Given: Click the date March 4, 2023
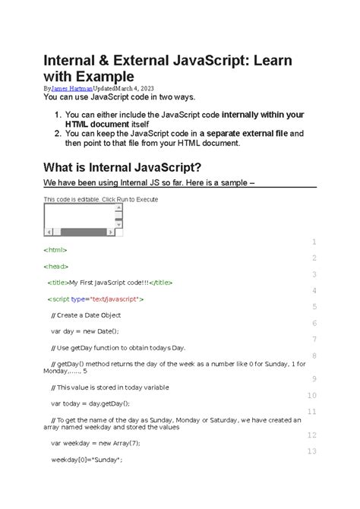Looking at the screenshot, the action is [134, 89].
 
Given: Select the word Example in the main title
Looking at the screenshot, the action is [101, 76].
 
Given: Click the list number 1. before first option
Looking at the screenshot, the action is [58, 115].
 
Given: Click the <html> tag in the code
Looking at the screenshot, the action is [56, 250].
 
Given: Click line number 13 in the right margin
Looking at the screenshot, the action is [310, 451].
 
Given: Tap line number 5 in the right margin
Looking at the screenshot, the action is [313, 307].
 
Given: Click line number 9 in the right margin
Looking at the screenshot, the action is [313, 379].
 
